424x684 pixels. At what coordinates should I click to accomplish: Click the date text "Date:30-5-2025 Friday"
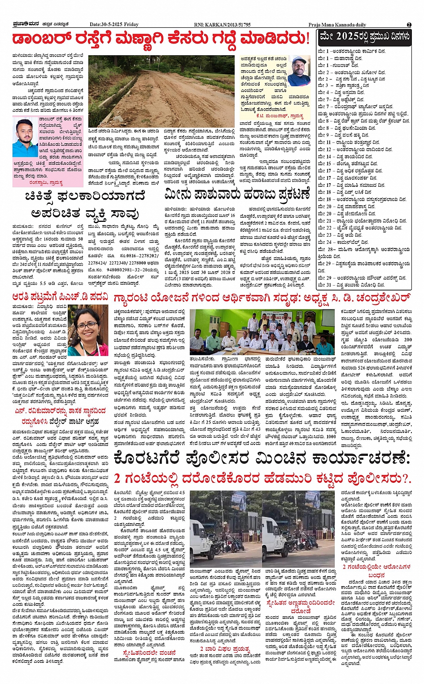[x=114, y=25]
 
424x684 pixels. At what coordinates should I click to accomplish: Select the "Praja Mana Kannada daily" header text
[x=337, y=25]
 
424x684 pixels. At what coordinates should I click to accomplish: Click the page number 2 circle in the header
[x=409, y=25]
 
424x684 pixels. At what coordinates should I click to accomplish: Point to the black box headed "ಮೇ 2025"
[x=364, y=37]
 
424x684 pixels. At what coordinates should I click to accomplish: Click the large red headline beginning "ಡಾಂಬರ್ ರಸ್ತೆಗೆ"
[x=161, y=39]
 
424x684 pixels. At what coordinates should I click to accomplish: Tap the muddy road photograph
[x=161, y=91]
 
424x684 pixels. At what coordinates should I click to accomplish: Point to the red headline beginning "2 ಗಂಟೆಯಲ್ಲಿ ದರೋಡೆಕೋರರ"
[x=262, y=478]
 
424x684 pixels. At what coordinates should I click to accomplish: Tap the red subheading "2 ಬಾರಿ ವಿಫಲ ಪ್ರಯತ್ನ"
[x=224, y=649]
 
